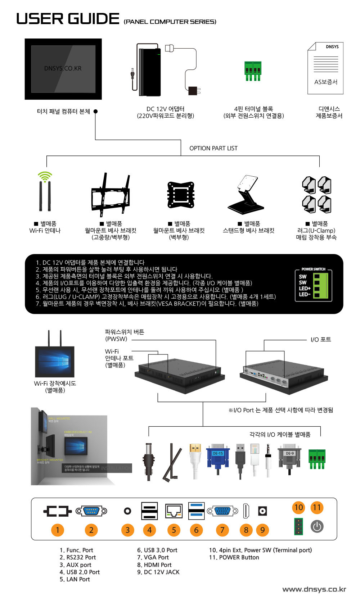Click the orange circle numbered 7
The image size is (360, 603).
point(222,530)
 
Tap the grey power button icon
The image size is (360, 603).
point(317,527)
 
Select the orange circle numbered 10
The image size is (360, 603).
point(299,508)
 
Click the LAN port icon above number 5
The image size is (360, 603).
point(174,511)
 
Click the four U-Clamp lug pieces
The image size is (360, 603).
point(316,195)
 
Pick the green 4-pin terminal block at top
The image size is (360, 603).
point(253,71)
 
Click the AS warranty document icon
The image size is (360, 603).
point(325,68)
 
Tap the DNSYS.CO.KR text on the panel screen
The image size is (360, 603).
point(63,68)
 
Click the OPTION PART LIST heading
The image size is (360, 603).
point(213,148)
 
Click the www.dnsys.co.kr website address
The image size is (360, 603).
point(314,589)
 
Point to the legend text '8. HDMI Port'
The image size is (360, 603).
point(154,565)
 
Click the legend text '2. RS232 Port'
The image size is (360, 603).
point(78,557)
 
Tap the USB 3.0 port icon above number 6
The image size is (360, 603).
point(196,511)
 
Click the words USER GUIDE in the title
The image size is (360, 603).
point(68,19)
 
